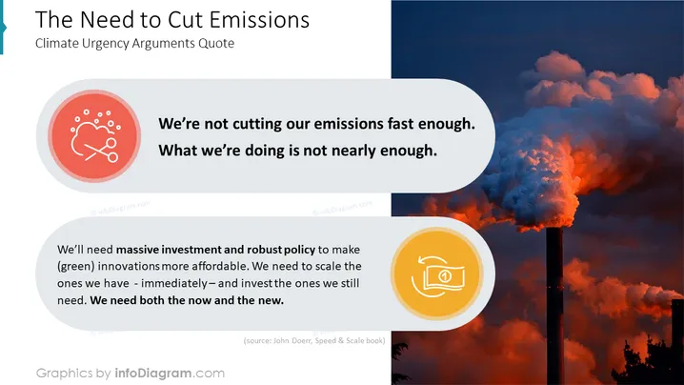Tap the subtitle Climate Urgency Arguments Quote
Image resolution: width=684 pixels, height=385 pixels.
134,43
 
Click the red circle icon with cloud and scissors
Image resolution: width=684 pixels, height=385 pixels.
94,135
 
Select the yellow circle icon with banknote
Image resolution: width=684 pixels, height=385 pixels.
436,274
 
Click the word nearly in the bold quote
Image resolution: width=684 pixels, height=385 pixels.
353,151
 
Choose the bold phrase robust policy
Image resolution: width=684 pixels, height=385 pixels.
281,250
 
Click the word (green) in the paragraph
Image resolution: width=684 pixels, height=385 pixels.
76,266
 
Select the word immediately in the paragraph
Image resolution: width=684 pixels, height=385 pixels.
174,283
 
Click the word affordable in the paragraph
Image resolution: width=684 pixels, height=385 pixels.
220,266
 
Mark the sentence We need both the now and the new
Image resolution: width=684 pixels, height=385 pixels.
187,300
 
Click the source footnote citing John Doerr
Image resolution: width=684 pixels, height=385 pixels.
314,340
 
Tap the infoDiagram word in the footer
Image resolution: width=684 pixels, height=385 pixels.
153,374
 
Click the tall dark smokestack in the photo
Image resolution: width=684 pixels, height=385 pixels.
554,306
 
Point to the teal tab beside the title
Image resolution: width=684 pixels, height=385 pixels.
2,28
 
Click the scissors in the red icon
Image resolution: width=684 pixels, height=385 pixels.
102,151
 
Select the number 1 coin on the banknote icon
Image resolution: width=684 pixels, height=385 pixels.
445,276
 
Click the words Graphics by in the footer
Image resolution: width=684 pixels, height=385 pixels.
73,374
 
